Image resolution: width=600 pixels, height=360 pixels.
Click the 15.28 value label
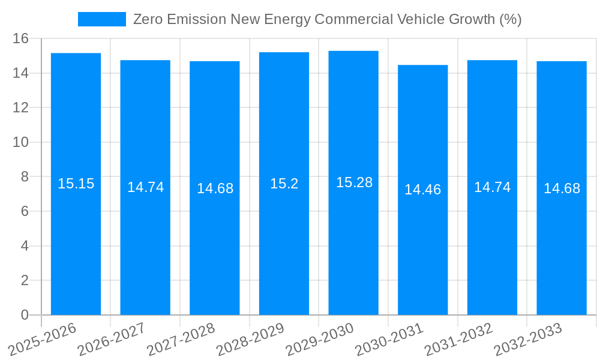click(x=354, y=182)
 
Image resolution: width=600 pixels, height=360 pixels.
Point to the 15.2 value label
click(x=284, y=184)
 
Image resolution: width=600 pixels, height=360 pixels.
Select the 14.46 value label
click(x=422, y=190)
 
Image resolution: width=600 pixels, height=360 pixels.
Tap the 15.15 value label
click(x=76, y=184)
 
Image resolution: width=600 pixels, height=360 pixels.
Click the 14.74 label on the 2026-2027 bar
click(x=145, y=187)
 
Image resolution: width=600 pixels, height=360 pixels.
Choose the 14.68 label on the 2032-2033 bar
click(x=562, y=188)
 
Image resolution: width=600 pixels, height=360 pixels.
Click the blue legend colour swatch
click(x=101, y=19)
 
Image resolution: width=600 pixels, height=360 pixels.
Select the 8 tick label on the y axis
click(x=25, y=177)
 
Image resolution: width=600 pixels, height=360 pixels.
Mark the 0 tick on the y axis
click(x=25, y=315)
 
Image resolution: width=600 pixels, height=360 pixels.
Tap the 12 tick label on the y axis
click(x=21, y=108)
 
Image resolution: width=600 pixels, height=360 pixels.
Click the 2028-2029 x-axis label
click(x=251, y=340)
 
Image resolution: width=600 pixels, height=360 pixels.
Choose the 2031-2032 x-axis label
click(x=459, y=340)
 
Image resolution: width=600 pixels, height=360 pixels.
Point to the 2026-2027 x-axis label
click(x=112, y=340)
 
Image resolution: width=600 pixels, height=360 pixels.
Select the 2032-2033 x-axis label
click(x=529, y=340)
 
